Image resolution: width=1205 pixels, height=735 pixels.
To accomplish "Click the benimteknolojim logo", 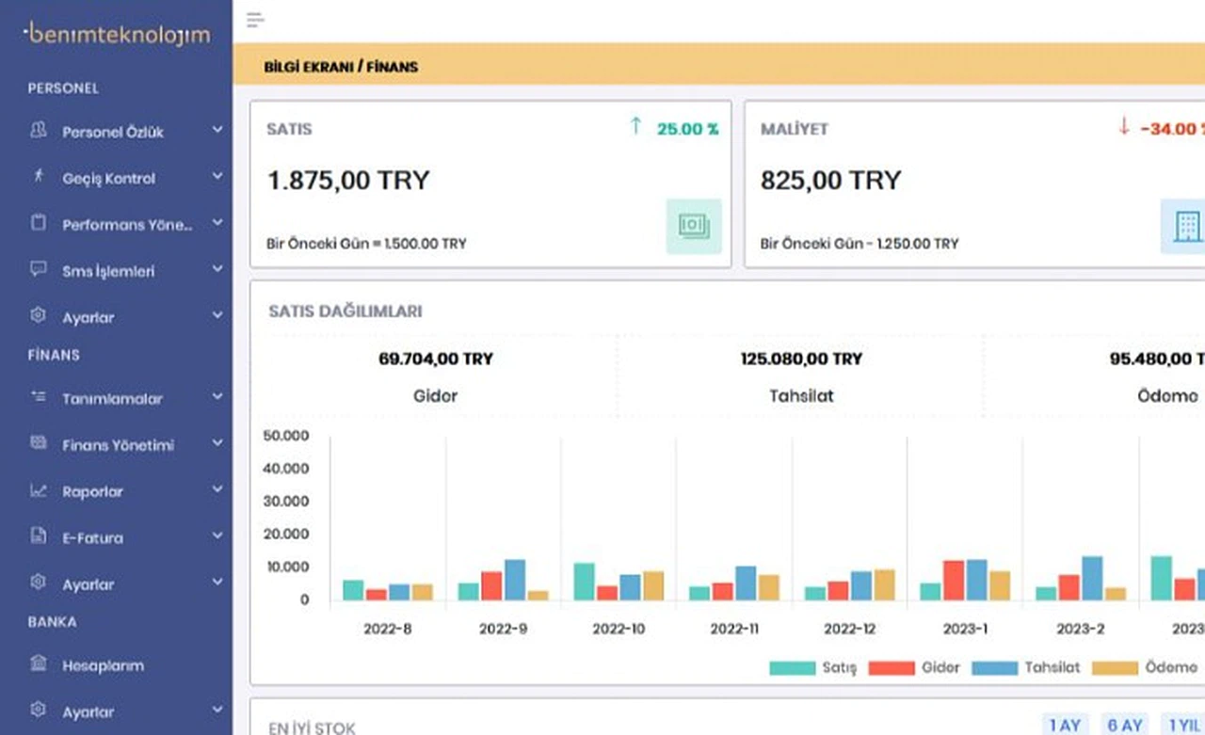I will tap(117, 35).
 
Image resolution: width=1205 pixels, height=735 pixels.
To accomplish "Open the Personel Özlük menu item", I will tap(113, 132).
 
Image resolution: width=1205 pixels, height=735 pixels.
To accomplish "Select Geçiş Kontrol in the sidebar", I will tap(108, 178).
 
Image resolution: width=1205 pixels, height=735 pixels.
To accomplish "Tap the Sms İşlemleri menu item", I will tap(108, 271).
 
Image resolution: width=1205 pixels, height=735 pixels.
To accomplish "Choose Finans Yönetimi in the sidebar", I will tap(118, 445).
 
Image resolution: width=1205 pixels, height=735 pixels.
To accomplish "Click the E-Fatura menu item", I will tap(92, 537).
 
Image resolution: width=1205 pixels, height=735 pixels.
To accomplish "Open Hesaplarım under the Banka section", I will tap(103, 665).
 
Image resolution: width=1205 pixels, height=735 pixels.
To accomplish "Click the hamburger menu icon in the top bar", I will tap(255, 21).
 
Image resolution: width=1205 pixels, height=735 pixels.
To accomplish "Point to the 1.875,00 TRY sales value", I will tap(348, 180).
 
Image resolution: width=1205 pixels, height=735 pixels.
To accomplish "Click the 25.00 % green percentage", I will tap(687, 129).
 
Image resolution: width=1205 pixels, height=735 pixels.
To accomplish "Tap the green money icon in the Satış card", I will tap(694, 226).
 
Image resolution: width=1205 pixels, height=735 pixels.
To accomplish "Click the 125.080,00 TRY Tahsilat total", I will tap(801, 359).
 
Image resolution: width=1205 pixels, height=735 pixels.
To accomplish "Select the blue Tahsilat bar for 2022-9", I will tap(515, 580).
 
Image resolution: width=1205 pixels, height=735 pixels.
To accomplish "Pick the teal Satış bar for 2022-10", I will tap(584, 582).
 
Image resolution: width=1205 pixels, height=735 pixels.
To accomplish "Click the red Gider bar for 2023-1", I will tap(954, 581).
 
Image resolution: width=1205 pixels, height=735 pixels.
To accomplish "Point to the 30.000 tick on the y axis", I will tap(286, 501).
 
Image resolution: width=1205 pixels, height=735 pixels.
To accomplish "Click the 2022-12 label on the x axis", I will tap(850, 628).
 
